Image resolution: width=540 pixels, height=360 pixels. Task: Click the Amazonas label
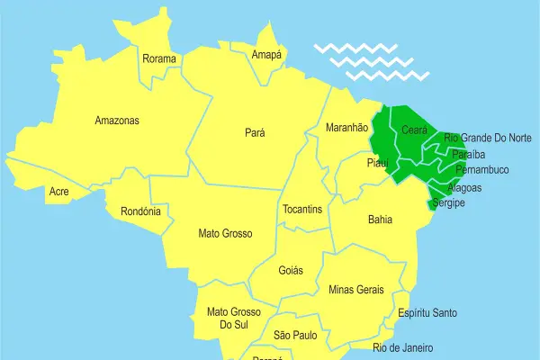point(117,120)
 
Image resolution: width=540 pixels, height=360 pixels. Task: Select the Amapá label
point(266,55)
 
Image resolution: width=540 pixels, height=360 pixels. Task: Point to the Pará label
point(255,132)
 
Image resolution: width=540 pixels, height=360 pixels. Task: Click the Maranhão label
point(346,128)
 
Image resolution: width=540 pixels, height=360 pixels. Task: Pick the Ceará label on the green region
point(414,129)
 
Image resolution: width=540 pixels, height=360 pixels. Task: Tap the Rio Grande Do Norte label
point(488,138)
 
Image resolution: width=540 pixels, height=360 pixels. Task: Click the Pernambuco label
point(482,169)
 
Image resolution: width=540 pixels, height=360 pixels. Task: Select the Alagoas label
point(464,188)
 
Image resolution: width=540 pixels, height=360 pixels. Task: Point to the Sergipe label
point(447,204)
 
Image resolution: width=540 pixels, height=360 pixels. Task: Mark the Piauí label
point(377,163)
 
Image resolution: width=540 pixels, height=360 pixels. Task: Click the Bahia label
point(380,219)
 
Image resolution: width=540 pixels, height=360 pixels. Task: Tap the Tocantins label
point(302,209)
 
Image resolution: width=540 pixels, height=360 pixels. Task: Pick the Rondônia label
point(140,212)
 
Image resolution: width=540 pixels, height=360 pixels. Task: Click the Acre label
point(59,192)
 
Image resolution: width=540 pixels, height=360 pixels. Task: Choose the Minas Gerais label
point(356,290)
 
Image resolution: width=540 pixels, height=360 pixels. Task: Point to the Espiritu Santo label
point(428,313)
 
